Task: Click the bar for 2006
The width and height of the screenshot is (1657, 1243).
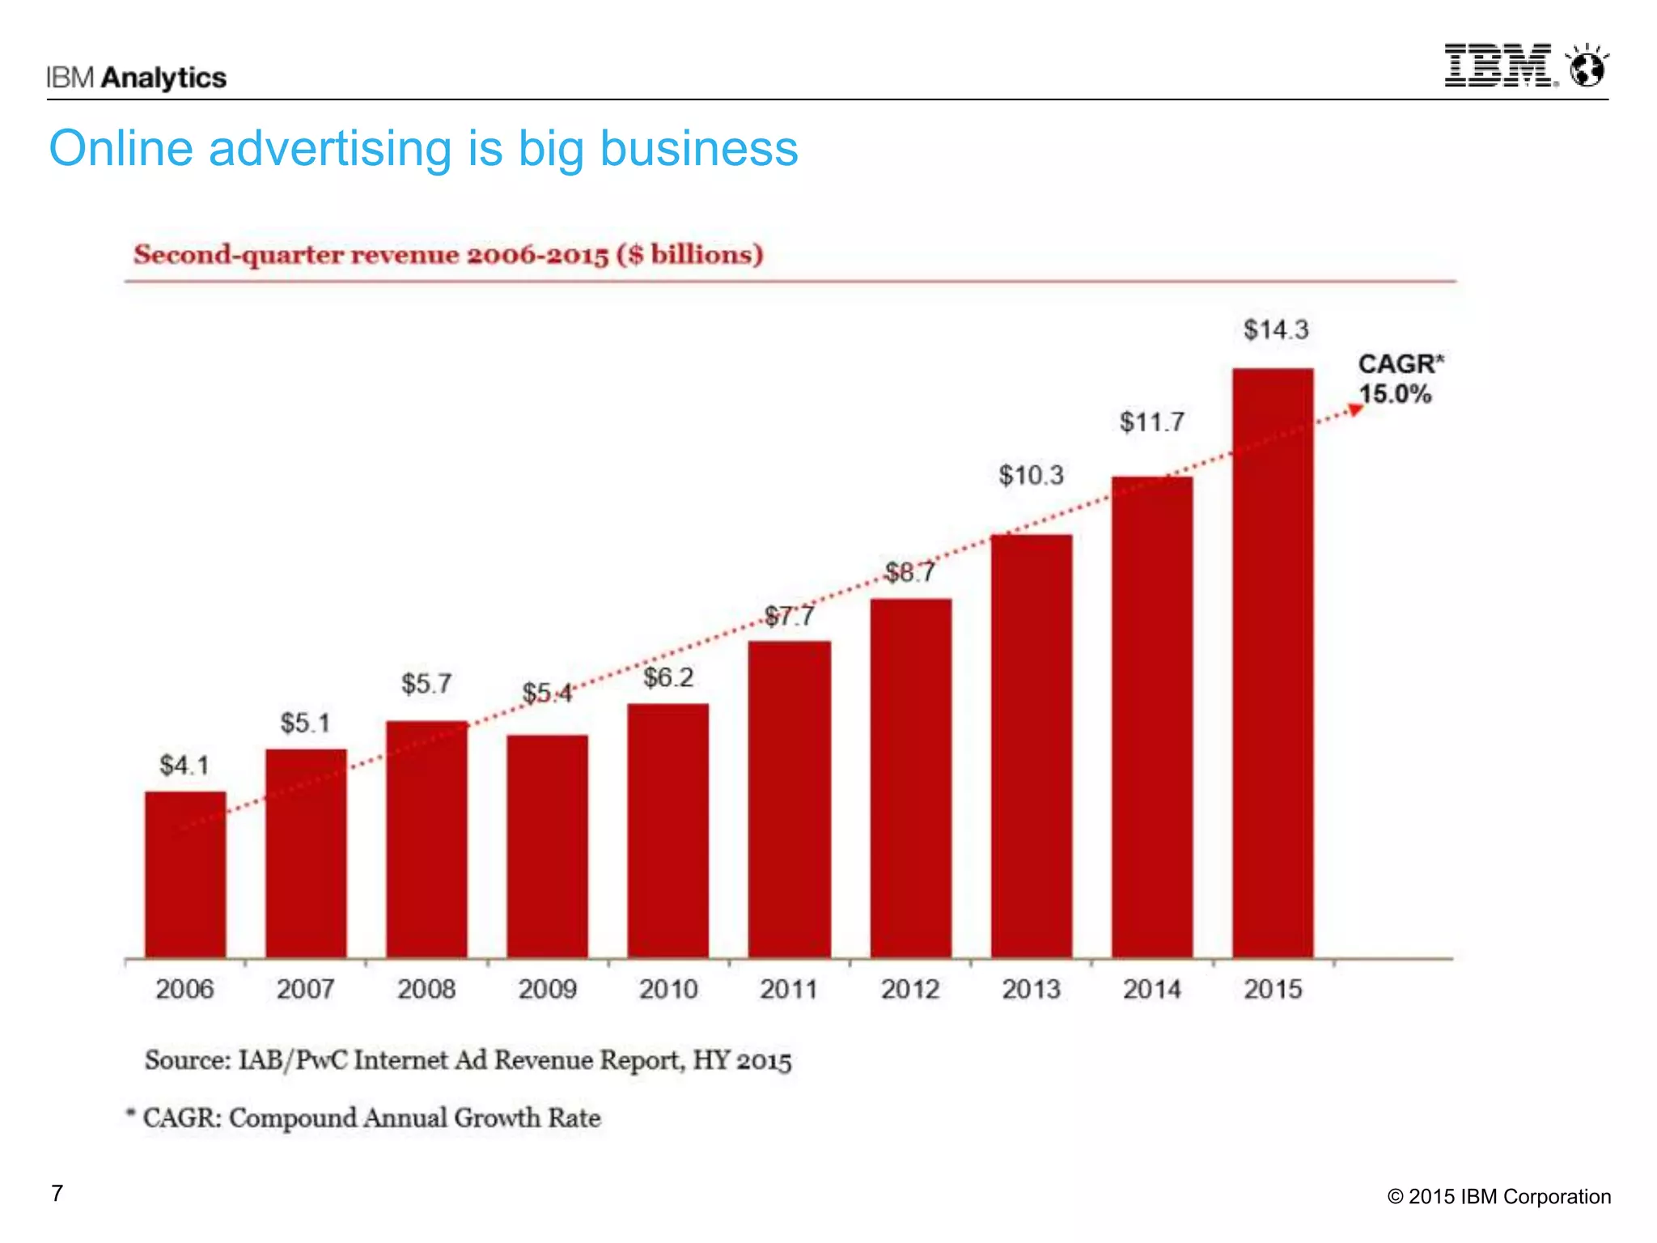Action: point(185,874)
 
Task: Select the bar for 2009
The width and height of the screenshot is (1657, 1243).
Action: point(547,846)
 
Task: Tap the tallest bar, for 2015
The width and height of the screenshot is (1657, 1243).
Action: point(1273,664)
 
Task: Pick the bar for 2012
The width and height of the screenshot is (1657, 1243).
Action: point(910,778)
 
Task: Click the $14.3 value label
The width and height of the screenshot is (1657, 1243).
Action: point(1276,330)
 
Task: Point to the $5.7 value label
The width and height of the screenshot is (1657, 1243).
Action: point(426,685)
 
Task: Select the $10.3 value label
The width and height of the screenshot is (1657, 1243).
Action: point(1031,475)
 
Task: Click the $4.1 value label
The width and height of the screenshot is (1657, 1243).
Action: point(184,766)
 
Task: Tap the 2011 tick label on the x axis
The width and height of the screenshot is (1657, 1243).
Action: point(789,989)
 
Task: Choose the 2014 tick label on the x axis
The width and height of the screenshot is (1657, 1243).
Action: point(1151,989)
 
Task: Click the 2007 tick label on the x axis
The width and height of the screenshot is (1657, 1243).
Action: point(306,989)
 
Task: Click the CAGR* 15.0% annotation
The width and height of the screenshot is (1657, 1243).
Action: point(1399,379)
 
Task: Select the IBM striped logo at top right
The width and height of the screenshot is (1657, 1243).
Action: point(1499,66)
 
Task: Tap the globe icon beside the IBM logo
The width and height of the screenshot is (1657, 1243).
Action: point(1587,67)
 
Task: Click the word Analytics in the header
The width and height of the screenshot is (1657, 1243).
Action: point(164,78)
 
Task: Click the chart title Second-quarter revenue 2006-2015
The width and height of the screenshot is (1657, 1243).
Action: point(448,255)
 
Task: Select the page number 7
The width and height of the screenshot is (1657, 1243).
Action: point(57,1194)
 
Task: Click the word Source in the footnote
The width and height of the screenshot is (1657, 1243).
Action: point(188,1061)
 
